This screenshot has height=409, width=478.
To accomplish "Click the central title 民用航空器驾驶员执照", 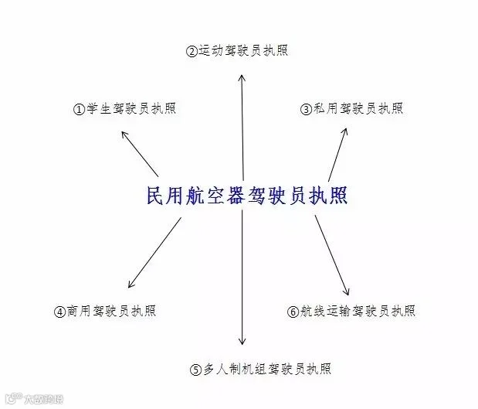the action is pyautogui.click(x=247, y=196).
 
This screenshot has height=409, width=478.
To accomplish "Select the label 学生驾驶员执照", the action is pyautogui.click(x=131, y=108).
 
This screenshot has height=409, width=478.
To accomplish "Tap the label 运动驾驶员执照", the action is pyautogui.click(x=243, y=50).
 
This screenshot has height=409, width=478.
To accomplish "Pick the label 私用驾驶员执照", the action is pyautogui.click(x=358, y=108).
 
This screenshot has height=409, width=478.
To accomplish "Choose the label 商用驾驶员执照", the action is pyautogui.click(x=111, y=311).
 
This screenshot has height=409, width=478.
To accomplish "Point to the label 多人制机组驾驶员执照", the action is pyautogui.click(x=267, y=369).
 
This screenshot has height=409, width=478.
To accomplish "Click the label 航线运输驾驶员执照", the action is pyautogui.click(x=358, y=311).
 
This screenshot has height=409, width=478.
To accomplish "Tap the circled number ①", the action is pyautogui.click(x=79, y=109).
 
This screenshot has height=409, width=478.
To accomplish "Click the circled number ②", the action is pyautogui.click(x=192, y=51).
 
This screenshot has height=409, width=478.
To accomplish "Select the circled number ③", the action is pyautogui.click(x=306, y=109).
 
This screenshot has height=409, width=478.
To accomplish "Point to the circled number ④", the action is pyautogui.click(x=59, y=312).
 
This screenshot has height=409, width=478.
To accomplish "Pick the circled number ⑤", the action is pyautogui.click(x=195, y=370).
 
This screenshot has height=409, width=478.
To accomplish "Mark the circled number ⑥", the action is pyautogui.click(x=293, y=312).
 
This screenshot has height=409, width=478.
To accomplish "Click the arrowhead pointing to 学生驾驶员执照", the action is pyautogui.click(x=124, y=134).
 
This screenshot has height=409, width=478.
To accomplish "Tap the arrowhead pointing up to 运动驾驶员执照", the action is pyautogui.click(x=242, y=77).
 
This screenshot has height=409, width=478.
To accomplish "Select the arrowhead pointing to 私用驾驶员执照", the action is pyautogui.click(x=344, y=131).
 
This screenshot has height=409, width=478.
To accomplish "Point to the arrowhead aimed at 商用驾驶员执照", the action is pyautogui.click(x=131, y=285).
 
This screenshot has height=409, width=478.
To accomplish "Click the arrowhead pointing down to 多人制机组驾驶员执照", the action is pyautogui.click(x=242, y=342).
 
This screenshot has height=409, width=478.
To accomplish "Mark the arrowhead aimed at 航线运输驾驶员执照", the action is pyautogui.click(x=347, y=291).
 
